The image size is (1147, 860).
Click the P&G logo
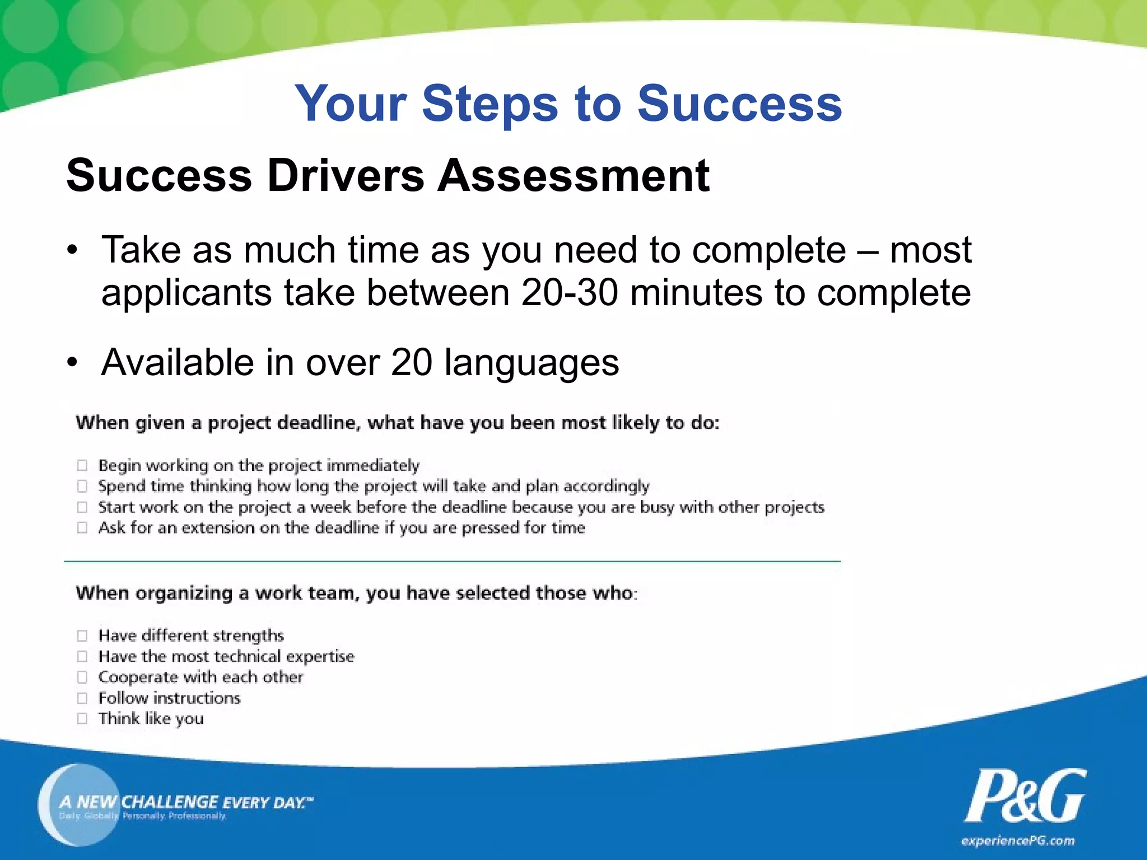pos(1025,797)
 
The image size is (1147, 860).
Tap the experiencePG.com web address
pos(1018,841)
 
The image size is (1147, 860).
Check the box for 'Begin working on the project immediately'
pos(82,465)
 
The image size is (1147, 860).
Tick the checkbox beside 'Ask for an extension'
pos(82,528)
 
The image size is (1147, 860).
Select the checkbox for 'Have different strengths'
pos(82,635)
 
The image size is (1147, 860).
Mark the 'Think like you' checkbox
pos(82,718)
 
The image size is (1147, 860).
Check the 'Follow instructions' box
pos(82,698)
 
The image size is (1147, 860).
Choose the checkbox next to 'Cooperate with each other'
pos(82,677)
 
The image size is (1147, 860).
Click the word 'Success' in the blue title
pos(739,104)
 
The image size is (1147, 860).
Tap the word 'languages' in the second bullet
pos(531,363)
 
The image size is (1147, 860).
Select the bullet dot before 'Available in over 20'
pos(72,363)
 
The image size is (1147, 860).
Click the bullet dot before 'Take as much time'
pos(72,250)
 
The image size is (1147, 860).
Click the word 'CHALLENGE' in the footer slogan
pos(170,802)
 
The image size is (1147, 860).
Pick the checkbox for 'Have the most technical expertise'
pos(82,656)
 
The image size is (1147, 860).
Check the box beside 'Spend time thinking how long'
pos(82,486)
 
